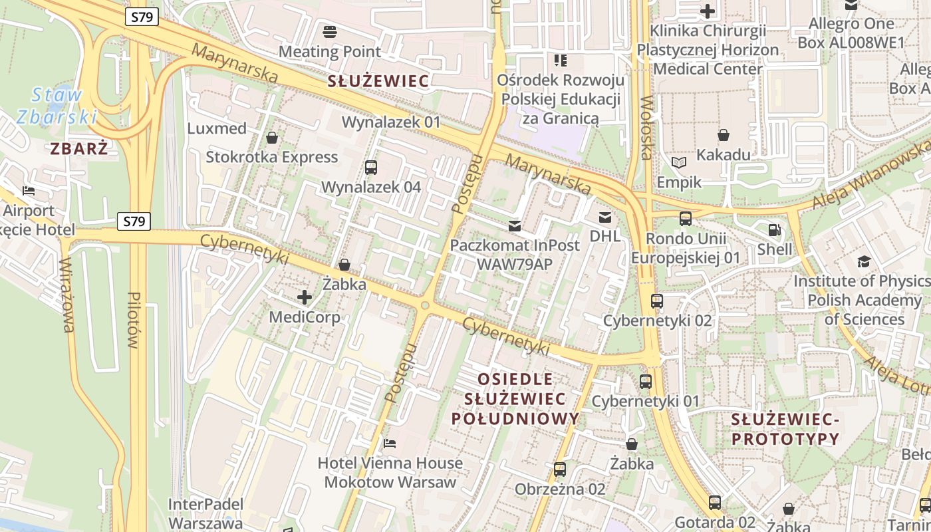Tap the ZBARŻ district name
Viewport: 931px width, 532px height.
click(78, 149)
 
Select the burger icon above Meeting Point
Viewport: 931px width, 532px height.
click(330, 31)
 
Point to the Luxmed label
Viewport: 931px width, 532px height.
click(217, 128)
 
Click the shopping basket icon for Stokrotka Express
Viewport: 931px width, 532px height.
click(272, 138)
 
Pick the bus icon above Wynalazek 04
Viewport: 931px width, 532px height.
click(371, 168)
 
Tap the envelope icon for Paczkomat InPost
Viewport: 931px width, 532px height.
click(515, 226)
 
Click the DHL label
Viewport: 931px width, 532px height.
click(605, 236)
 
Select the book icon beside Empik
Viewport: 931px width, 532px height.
click(678, 162)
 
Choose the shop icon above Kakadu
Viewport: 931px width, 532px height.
click(724, 136)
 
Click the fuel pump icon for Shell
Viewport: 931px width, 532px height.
click(775, 230)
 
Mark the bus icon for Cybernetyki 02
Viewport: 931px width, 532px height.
click(657, 301)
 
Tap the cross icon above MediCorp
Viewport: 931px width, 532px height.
click(305, 297)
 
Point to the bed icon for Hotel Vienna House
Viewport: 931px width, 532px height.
click(390, 444)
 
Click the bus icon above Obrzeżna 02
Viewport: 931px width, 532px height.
click(560, 469)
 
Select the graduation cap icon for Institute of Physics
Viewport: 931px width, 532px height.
click(864, 262)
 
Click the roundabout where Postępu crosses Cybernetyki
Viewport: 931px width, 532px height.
click(425, 305)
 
